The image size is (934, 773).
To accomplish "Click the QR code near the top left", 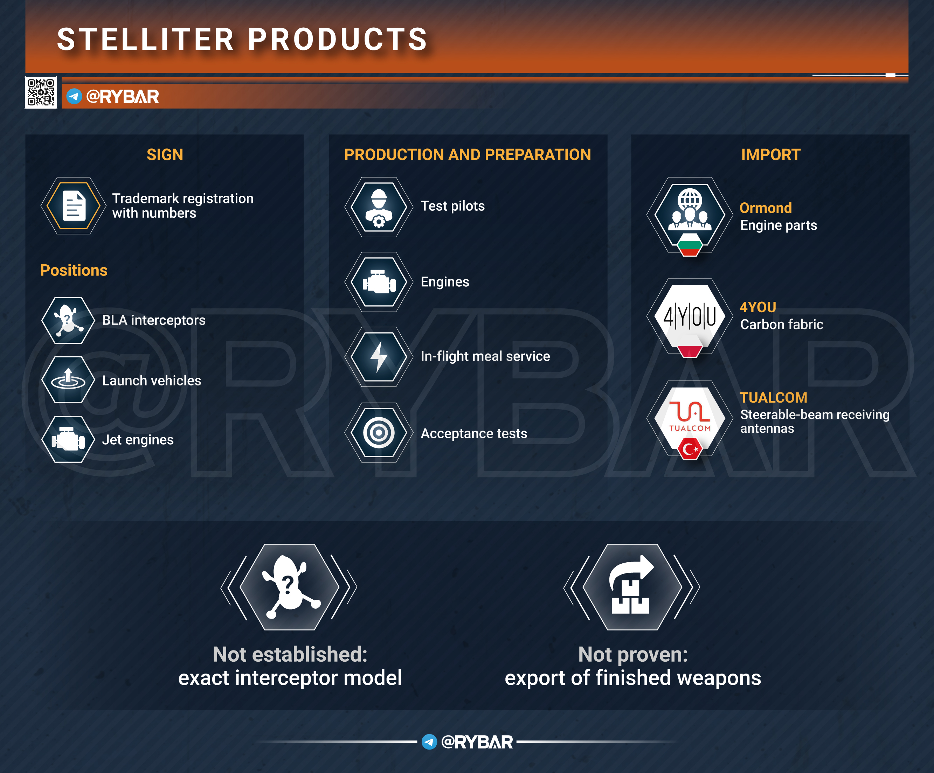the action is (41, 92).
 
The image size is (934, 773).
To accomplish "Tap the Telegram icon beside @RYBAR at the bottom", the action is (429, 741).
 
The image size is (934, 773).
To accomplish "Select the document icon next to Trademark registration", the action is (74, 206).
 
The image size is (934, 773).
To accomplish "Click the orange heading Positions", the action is (74, 270).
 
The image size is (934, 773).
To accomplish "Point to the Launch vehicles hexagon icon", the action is (68, 379).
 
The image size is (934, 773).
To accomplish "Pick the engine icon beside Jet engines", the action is (68, 439).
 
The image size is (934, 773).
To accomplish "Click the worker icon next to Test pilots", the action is (379, 207).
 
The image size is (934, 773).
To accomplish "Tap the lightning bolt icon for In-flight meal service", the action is (379, 356).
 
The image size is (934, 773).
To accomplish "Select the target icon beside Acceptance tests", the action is (379, 432).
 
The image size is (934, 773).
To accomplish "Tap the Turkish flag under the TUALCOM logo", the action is (690, 449).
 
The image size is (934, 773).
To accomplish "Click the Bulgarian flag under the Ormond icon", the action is (690, 245).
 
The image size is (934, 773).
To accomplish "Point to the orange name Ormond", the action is (766, 208).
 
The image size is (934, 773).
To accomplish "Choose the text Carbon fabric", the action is (781, 325).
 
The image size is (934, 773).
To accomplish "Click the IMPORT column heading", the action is (771, 155).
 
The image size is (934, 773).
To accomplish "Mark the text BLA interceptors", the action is (154, 320).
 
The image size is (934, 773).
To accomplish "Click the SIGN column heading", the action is (165, 155).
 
